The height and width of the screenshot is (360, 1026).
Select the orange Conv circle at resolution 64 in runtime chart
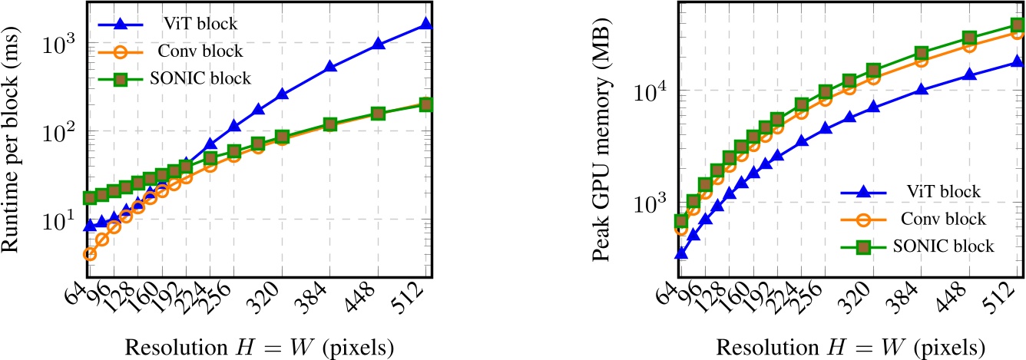[90, 254]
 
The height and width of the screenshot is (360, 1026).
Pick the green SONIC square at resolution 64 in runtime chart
[90, 198]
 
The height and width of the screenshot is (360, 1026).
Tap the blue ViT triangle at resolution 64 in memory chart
[680, 253]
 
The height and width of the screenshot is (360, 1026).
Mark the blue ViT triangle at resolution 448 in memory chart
[970, 74]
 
